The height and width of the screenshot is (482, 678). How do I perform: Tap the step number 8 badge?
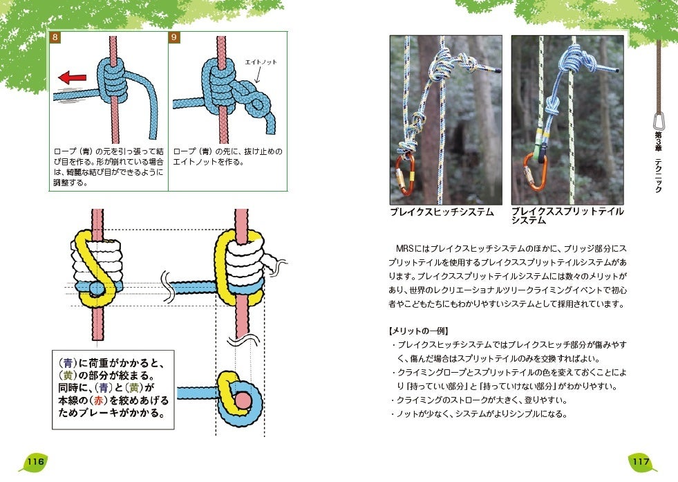(x=55, y=37)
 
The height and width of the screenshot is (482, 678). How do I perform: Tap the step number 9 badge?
(x=174, y=37)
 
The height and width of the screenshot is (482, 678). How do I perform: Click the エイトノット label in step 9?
(x=261, y=62)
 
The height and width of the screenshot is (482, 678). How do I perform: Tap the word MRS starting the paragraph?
(x=407, y=247)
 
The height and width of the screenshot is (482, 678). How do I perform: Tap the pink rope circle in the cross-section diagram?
(x=241, y=400)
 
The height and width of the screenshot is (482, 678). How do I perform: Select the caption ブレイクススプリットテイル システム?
(x=567, y=216)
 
